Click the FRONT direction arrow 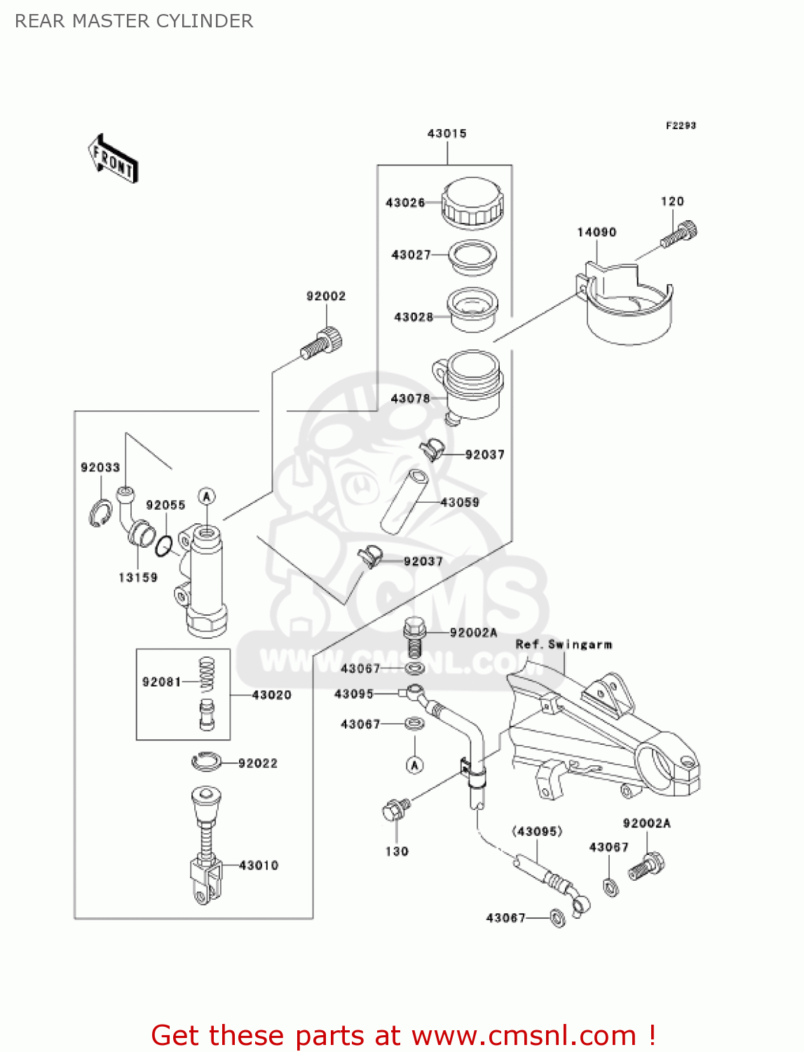[113, 159]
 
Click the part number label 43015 [447, 133]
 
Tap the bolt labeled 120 [679, 234]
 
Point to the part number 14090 [597, 232]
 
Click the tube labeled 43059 [404, 503]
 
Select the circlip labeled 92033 [100, 513]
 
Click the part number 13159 [138, 577]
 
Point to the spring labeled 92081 [206, 674]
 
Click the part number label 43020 [272, 695]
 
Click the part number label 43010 [259, 865]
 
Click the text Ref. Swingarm [564, 645]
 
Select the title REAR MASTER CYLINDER [134, 21]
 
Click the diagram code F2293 [681, 126]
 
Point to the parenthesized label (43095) [537, 832]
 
